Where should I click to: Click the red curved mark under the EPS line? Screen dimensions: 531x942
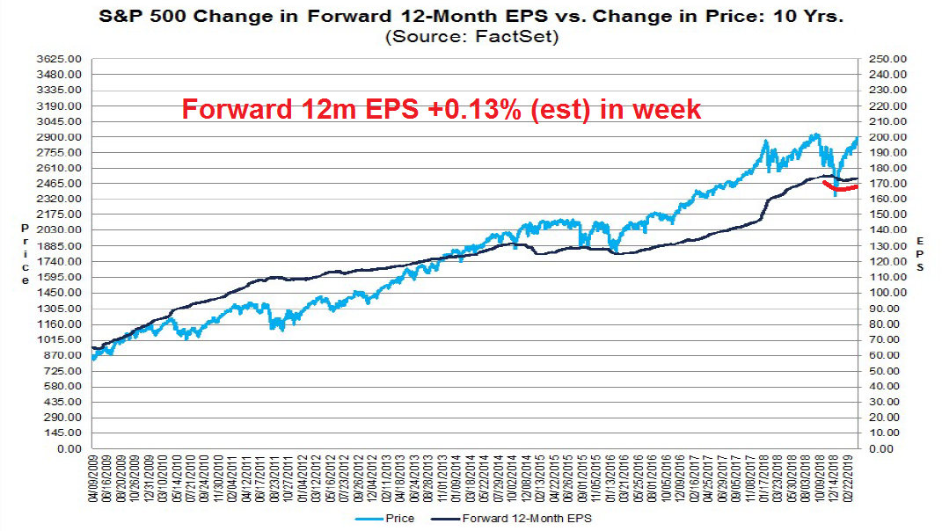coord(844,188)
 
